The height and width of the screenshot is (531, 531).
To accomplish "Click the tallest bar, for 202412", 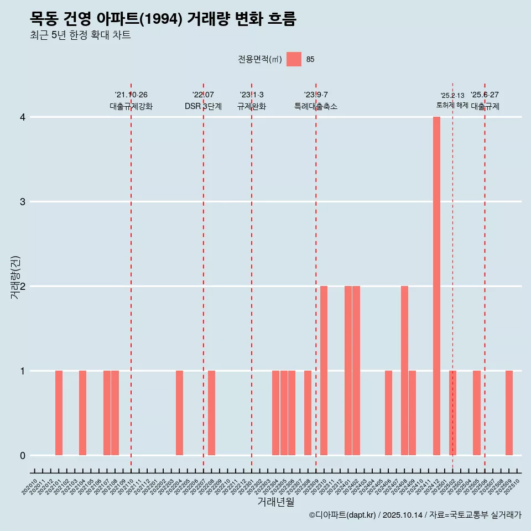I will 436,286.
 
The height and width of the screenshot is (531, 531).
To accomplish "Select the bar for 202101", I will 59,413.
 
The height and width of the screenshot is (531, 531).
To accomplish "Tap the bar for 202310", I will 324,371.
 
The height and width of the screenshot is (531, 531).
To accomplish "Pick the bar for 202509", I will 509,413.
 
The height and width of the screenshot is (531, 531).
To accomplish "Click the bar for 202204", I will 179,413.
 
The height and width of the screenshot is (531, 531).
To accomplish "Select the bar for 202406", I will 388,413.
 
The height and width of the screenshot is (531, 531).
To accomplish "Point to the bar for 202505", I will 477,413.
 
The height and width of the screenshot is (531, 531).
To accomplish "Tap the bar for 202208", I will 211,413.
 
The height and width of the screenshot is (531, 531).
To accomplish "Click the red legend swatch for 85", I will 294,59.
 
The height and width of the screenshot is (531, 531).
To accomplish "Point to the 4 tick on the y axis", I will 23,117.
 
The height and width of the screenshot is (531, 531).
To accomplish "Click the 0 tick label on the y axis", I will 23,455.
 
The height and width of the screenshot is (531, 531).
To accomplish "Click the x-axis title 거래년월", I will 275,502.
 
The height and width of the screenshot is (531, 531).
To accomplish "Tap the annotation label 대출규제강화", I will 131,106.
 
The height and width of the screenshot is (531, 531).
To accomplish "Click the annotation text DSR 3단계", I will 203,106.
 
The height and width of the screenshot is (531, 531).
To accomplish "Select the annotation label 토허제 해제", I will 452,105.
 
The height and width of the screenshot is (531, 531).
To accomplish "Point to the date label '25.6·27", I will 485,95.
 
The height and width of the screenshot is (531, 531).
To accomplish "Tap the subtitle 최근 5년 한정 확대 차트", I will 80,35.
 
